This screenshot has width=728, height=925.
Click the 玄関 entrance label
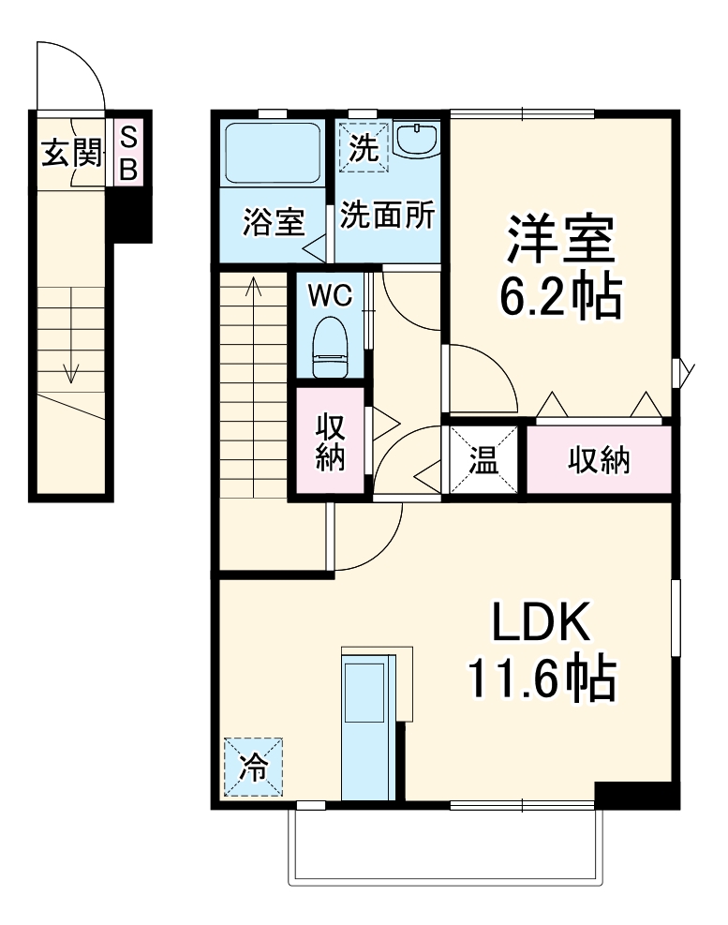click(x=69, y=153)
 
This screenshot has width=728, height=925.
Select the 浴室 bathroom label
click(x=273, y=224)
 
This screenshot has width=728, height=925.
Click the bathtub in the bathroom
click(x=273, y=153)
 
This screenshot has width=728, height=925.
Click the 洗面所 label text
click(x=387, y=216)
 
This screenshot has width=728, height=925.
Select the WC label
click(x=331, y=295)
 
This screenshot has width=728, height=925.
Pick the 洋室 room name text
click(x=561, y=241)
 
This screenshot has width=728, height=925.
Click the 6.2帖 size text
click(x=561, y=297)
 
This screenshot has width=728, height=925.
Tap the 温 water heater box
click(x=483, y=460)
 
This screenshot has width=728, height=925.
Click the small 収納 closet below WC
click(x=331, y=441)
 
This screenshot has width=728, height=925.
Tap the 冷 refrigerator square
click(x=253, y=767)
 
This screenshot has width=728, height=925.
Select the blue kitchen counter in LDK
click(x=367, y=726)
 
